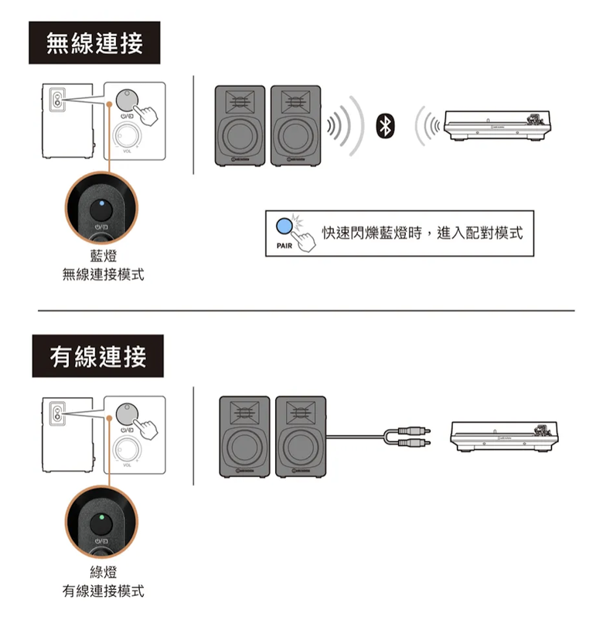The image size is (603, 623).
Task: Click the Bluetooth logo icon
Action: click(385, 126)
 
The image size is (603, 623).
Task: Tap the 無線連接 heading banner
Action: click(94, 43)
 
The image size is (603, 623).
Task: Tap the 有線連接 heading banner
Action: click(97, 356)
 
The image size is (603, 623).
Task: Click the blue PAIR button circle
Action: click(284, 226)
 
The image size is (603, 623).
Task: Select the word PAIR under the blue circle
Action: click(284, 246)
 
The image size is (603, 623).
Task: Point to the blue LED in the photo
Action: click(102, 203)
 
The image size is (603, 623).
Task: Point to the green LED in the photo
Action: click(102, 517)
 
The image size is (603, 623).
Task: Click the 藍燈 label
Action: click(104, 256)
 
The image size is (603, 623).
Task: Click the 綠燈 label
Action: click(104, 572)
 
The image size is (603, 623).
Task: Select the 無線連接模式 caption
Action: click(104, 274)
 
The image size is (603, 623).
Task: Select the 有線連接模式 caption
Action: click(104, 591)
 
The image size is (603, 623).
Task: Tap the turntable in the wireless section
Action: click(497, 125)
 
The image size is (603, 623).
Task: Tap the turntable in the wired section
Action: click(504, 437)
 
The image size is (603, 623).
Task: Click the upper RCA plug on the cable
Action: click(414, 431)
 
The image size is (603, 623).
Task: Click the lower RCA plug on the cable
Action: click(414, 442)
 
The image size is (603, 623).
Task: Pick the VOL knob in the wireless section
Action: click(127, 135)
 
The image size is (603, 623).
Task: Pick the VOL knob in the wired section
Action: click(127, 449)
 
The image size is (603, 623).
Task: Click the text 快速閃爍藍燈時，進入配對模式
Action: click(422, 233)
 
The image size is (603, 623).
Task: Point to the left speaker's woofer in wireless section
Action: click(240, 135)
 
